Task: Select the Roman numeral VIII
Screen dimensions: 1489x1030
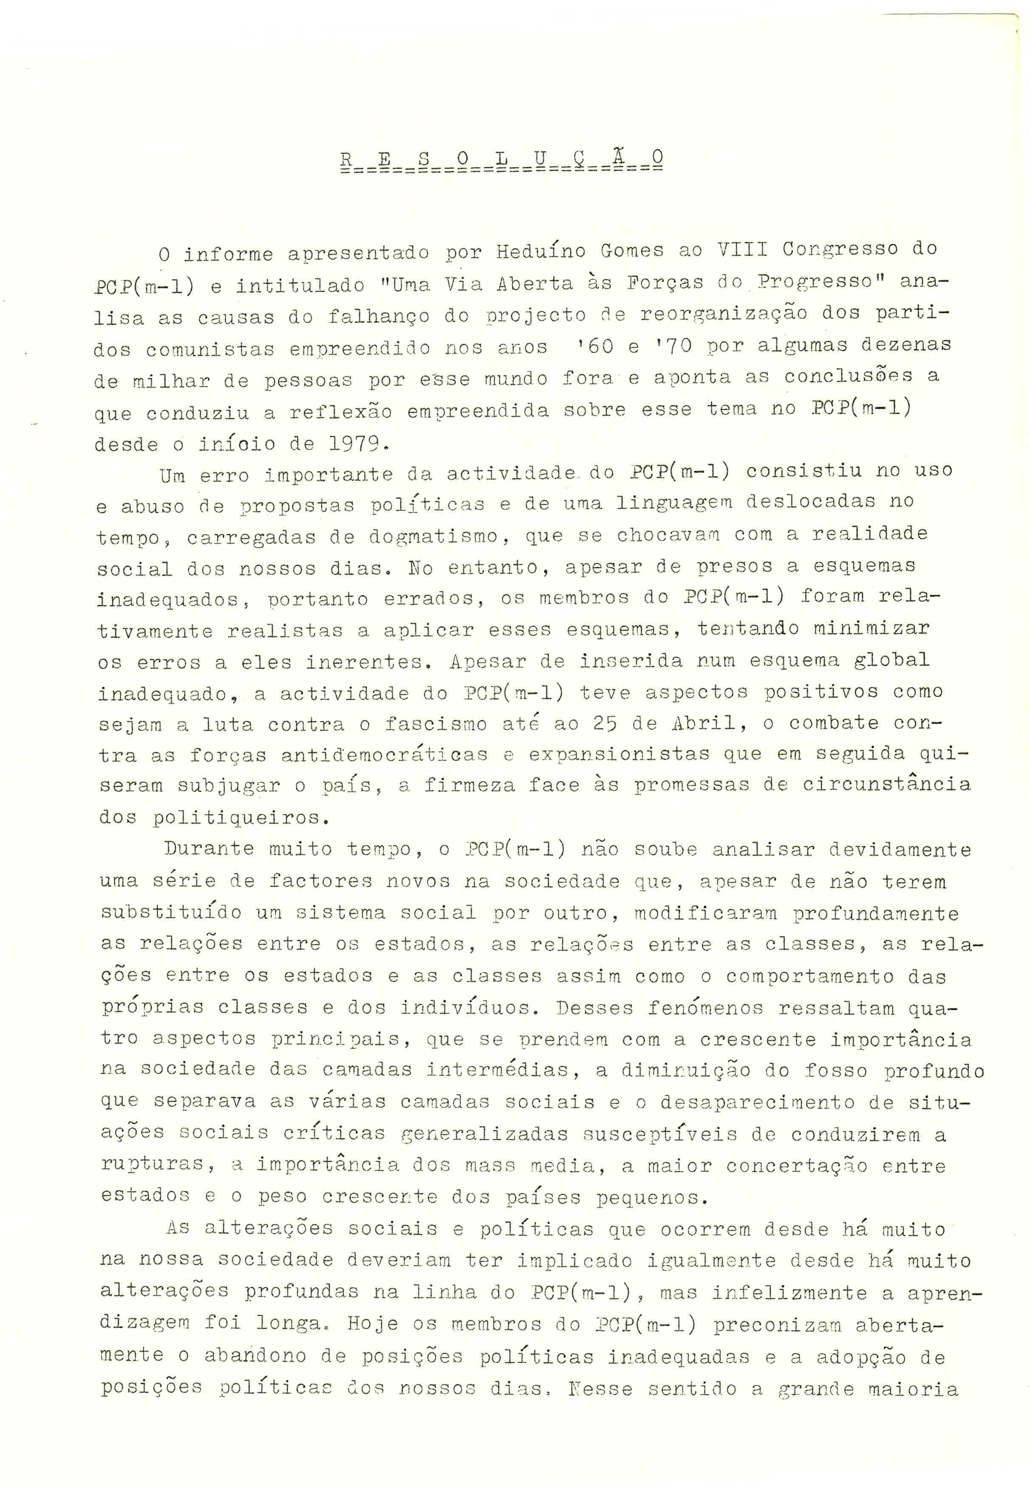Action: (x=743, y=249)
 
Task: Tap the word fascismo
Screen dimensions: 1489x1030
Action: (x=435, y=724)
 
